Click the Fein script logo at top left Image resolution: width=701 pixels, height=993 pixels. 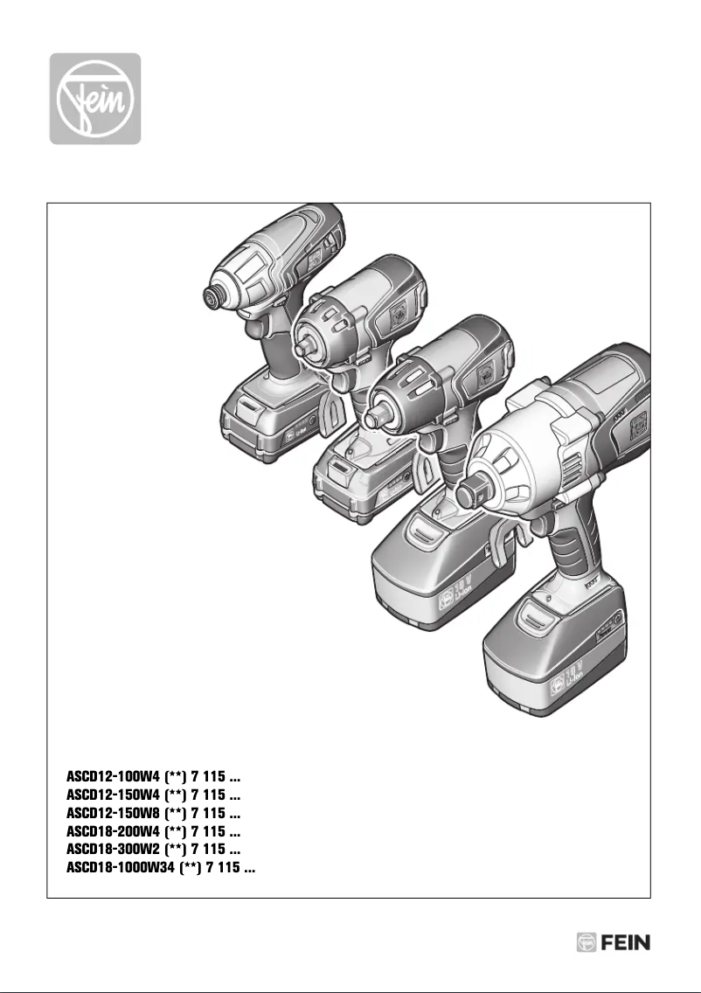pos(94,99)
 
